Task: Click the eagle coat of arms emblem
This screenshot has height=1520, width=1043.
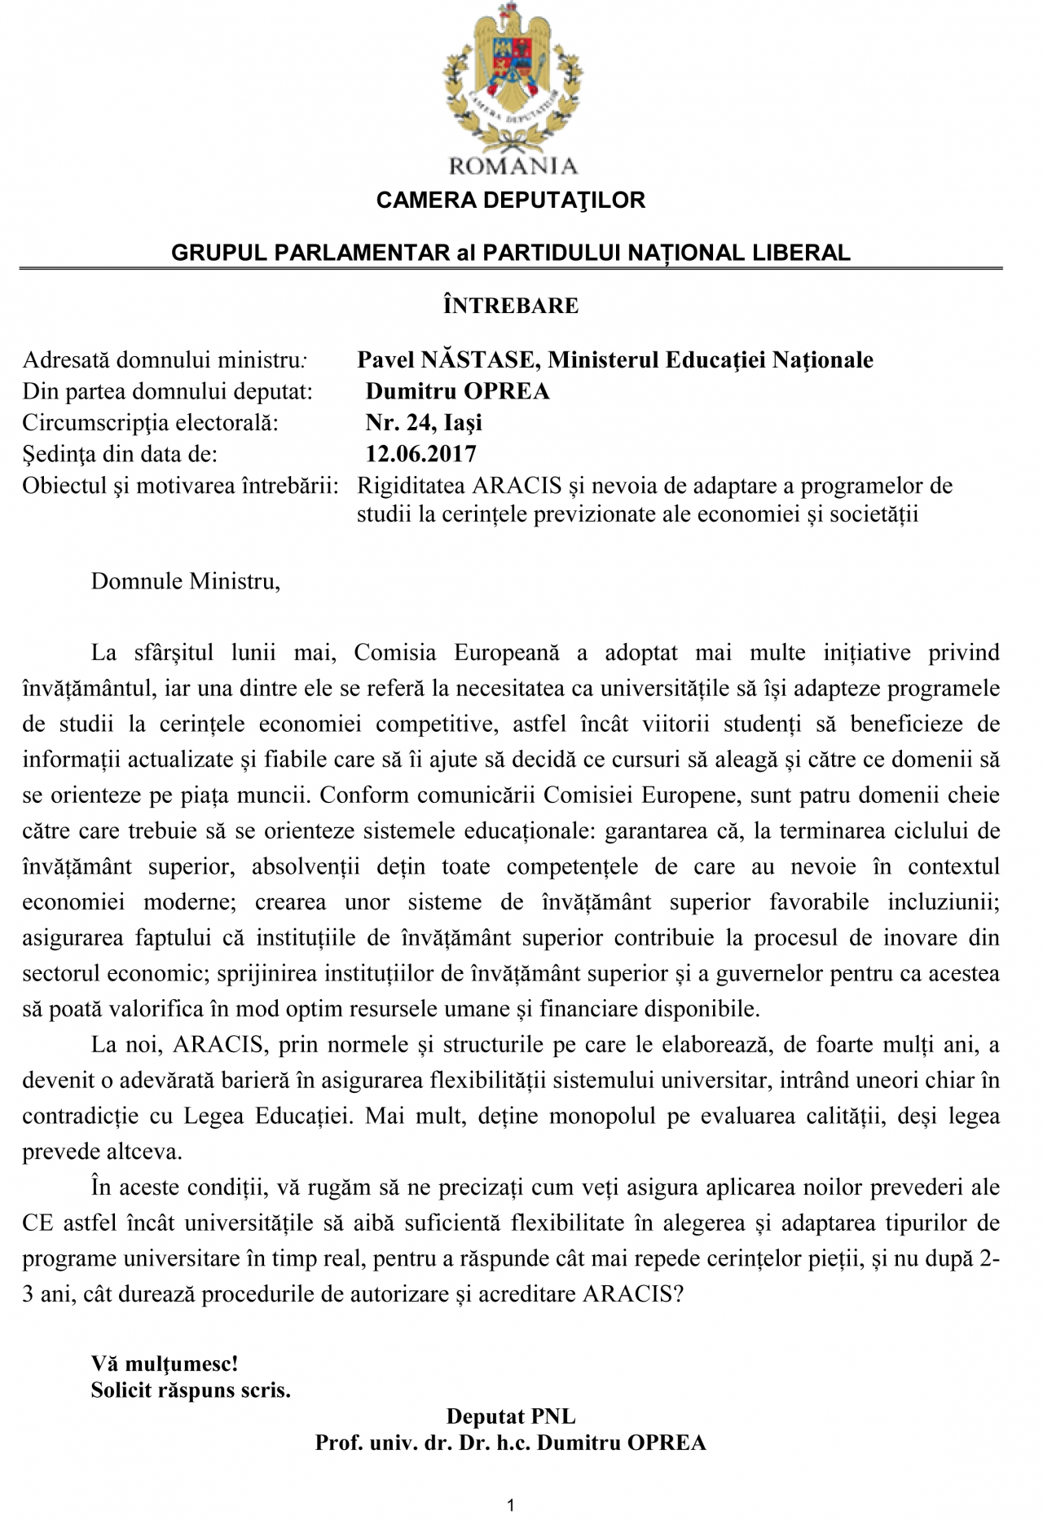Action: (510, 77)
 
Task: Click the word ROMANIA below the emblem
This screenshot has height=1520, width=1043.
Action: (513, 166)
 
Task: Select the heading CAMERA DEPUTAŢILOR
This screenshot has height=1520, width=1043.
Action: (510, 200)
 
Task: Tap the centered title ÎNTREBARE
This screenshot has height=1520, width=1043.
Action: (511, 306)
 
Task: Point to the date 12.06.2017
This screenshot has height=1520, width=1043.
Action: (420, 453)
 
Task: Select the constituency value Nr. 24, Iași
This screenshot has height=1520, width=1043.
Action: (424, 422)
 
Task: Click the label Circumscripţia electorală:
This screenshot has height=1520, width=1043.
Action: (151, 423)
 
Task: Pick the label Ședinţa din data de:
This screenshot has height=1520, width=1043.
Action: (120, 454)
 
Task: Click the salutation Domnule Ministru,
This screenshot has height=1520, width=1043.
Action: (186, 581)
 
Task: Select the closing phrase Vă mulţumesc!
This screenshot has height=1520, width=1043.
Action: (165, 1363)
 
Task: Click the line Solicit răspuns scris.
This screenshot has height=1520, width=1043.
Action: (191, 1390)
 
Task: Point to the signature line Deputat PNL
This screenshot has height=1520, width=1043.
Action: (511, 1416)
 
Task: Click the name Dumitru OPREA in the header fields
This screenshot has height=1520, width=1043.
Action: (457, 391)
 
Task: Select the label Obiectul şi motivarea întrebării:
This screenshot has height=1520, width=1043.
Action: (180, 486)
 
